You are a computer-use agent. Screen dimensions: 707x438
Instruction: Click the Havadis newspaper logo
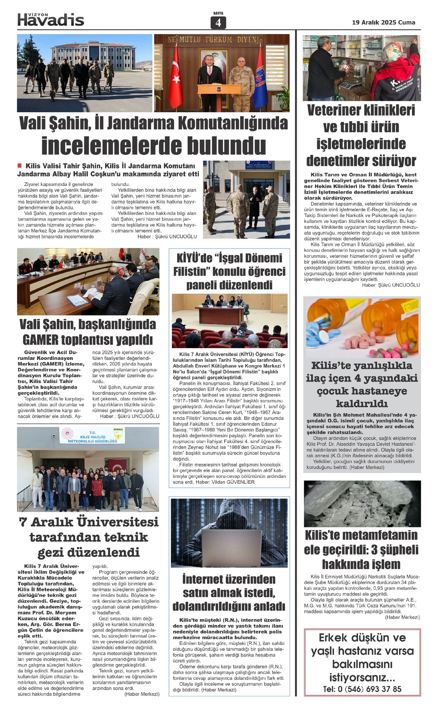click(51, 20)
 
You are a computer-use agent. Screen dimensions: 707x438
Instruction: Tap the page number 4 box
click(218, 23)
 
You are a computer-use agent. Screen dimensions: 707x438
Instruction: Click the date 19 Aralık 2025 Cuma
click(383, 22)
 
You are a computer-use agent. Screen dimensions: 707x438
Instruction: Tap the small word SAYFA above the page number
click(218, 13)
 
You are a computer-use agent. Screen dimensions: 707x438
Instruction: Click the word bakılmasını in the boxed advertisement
click(362, 664)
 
